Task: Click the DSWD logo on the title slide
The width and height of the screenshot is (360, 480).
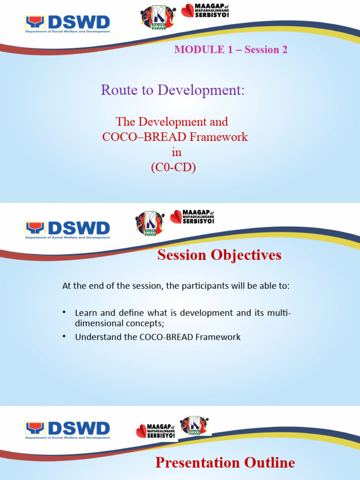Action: click(x=67, y=24)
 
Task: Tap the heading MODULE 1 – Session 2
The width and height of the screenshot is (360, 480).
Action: click(x=231, y=50)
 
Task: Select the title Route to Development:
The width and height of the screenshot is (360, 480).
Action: click(x=172, y=90)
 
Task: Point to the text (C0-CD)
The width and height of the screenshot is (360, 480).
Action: click(x=172, y=167)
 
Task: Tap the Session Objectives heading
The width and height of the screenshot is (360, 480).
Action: click(x=219, y=255)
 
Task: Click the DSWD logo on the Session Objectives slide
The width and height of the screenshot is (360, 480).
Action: click(x=67, y=230)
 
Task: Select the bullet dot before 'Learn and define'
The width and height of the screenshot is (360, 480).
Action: click(x=65, y=313)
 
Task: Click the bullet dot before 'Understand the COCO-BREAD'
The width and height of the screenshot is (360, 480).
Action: click(x=65, y=337)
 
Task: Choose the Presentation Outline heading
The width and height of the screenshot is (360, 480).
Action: click(x=225, y=463)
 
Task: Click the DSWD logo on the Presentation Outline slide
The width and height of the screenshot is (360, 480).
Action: click(x=67, y=430)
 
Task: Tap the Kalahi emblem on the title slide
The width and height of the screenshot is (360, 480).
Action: click(x=158, y=17)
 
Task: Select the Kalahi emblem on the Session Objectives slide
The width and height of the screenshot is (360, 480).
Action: click(x=150, y=222)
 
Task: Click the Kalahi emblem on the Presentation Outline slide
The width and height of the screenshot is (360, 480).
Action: click(x=194, y=425)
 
